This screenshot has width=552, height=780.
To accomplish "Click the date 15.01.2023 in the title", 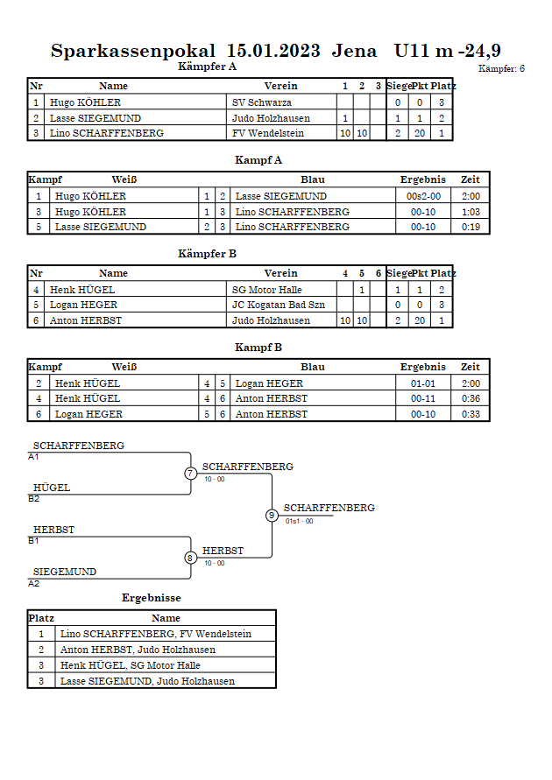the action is pos(273,51).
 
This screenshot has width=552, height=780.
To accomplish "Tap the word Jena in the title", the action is pos(354,51).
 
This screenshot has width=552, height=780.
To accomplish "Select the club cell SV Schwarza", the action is pos(262,102).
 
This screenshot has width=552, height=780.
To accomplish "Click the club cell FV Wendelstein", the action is pos(268,133).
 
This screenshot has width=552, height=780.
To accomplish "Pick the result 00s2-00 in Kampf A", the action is pos(423,196).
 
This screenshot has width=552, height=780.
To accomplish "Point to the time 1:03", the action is pos(471,212).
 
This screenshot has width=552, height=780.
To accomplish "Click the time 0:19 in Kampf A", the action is pos(471,227).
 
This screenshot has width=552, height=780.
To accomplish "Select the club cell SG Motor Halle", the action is pos(266,290).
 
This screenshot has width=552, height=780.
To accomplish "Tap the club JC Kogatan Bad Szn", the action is pos(279,305).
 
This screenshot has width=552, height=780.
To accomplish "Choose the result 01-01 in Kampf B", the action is pos(423,383).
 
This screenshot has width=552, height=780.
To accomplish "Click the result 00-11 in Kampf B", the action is pos(423,398).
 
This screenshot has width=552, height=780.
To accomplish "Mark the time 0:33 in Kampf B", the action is pos(471,414).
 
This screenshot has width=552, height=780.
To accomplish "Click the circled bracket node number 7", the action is pos(191,473).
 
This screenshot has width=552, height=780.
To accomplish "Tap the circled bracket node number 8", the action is pos(190,559).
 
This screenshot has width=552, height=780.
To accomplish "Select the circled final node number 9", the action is pos(272,516).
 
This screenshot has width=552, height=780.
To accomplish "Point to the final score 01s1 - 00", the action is pos(299,522).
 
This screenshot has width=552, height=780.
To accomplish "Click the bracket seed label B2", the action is pos(34,499).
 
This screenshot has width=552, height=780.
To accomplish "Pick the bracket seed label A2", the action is pos(34,584).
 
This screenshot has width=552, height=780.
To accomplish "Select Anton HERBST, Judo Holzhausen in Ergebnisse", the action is pos(138,650).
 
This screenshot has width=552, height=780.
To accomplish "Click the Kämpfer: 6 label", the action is pos(501,68).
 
